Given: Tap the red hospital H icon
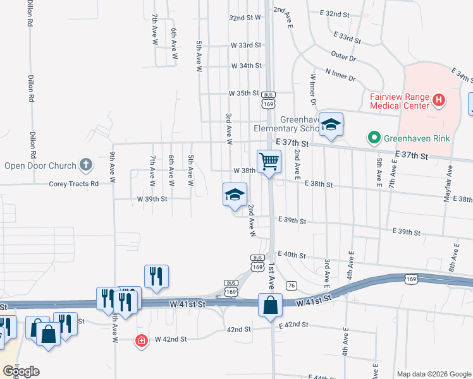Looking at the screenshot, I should click(x=438, y=100).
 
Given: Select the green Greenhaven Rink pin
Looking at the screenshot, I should click(x=374, y=137).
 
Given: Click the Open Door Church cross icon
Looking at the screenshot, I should click(x=86, y=165).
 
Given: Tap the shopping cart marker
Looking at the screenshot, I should click(x=269, y=162).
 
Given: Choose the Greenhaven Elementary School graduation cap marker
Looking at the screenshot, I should click(x=331, y=124).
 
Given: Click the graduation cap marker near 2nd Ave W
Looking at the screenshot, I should click(x=235, y=195).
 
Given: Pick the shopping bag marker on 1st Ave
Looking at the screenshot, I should click(x=270, y=305).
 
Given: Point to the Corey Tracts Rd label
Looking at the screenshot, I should click(x=74, y=184).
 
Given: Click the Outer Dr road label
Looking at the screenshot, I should click(x=344, y=56).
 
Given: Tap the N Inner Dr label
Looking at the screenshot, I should click(x=340, y=75).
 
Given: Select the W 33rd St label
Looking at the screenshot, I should click(x=246, y=45).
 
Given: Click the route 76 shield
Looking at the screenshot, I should click(x=292, y=286).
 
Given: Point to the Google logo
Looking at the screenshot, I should click(x=21, y=371).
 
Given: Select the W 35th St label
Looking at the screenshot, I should click(x=244, y=93).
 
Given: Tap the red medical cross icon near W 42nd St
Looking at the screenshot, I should click(x=142, y=340).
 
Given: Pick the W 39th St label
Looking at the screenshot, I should click(x=152, y=198).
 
